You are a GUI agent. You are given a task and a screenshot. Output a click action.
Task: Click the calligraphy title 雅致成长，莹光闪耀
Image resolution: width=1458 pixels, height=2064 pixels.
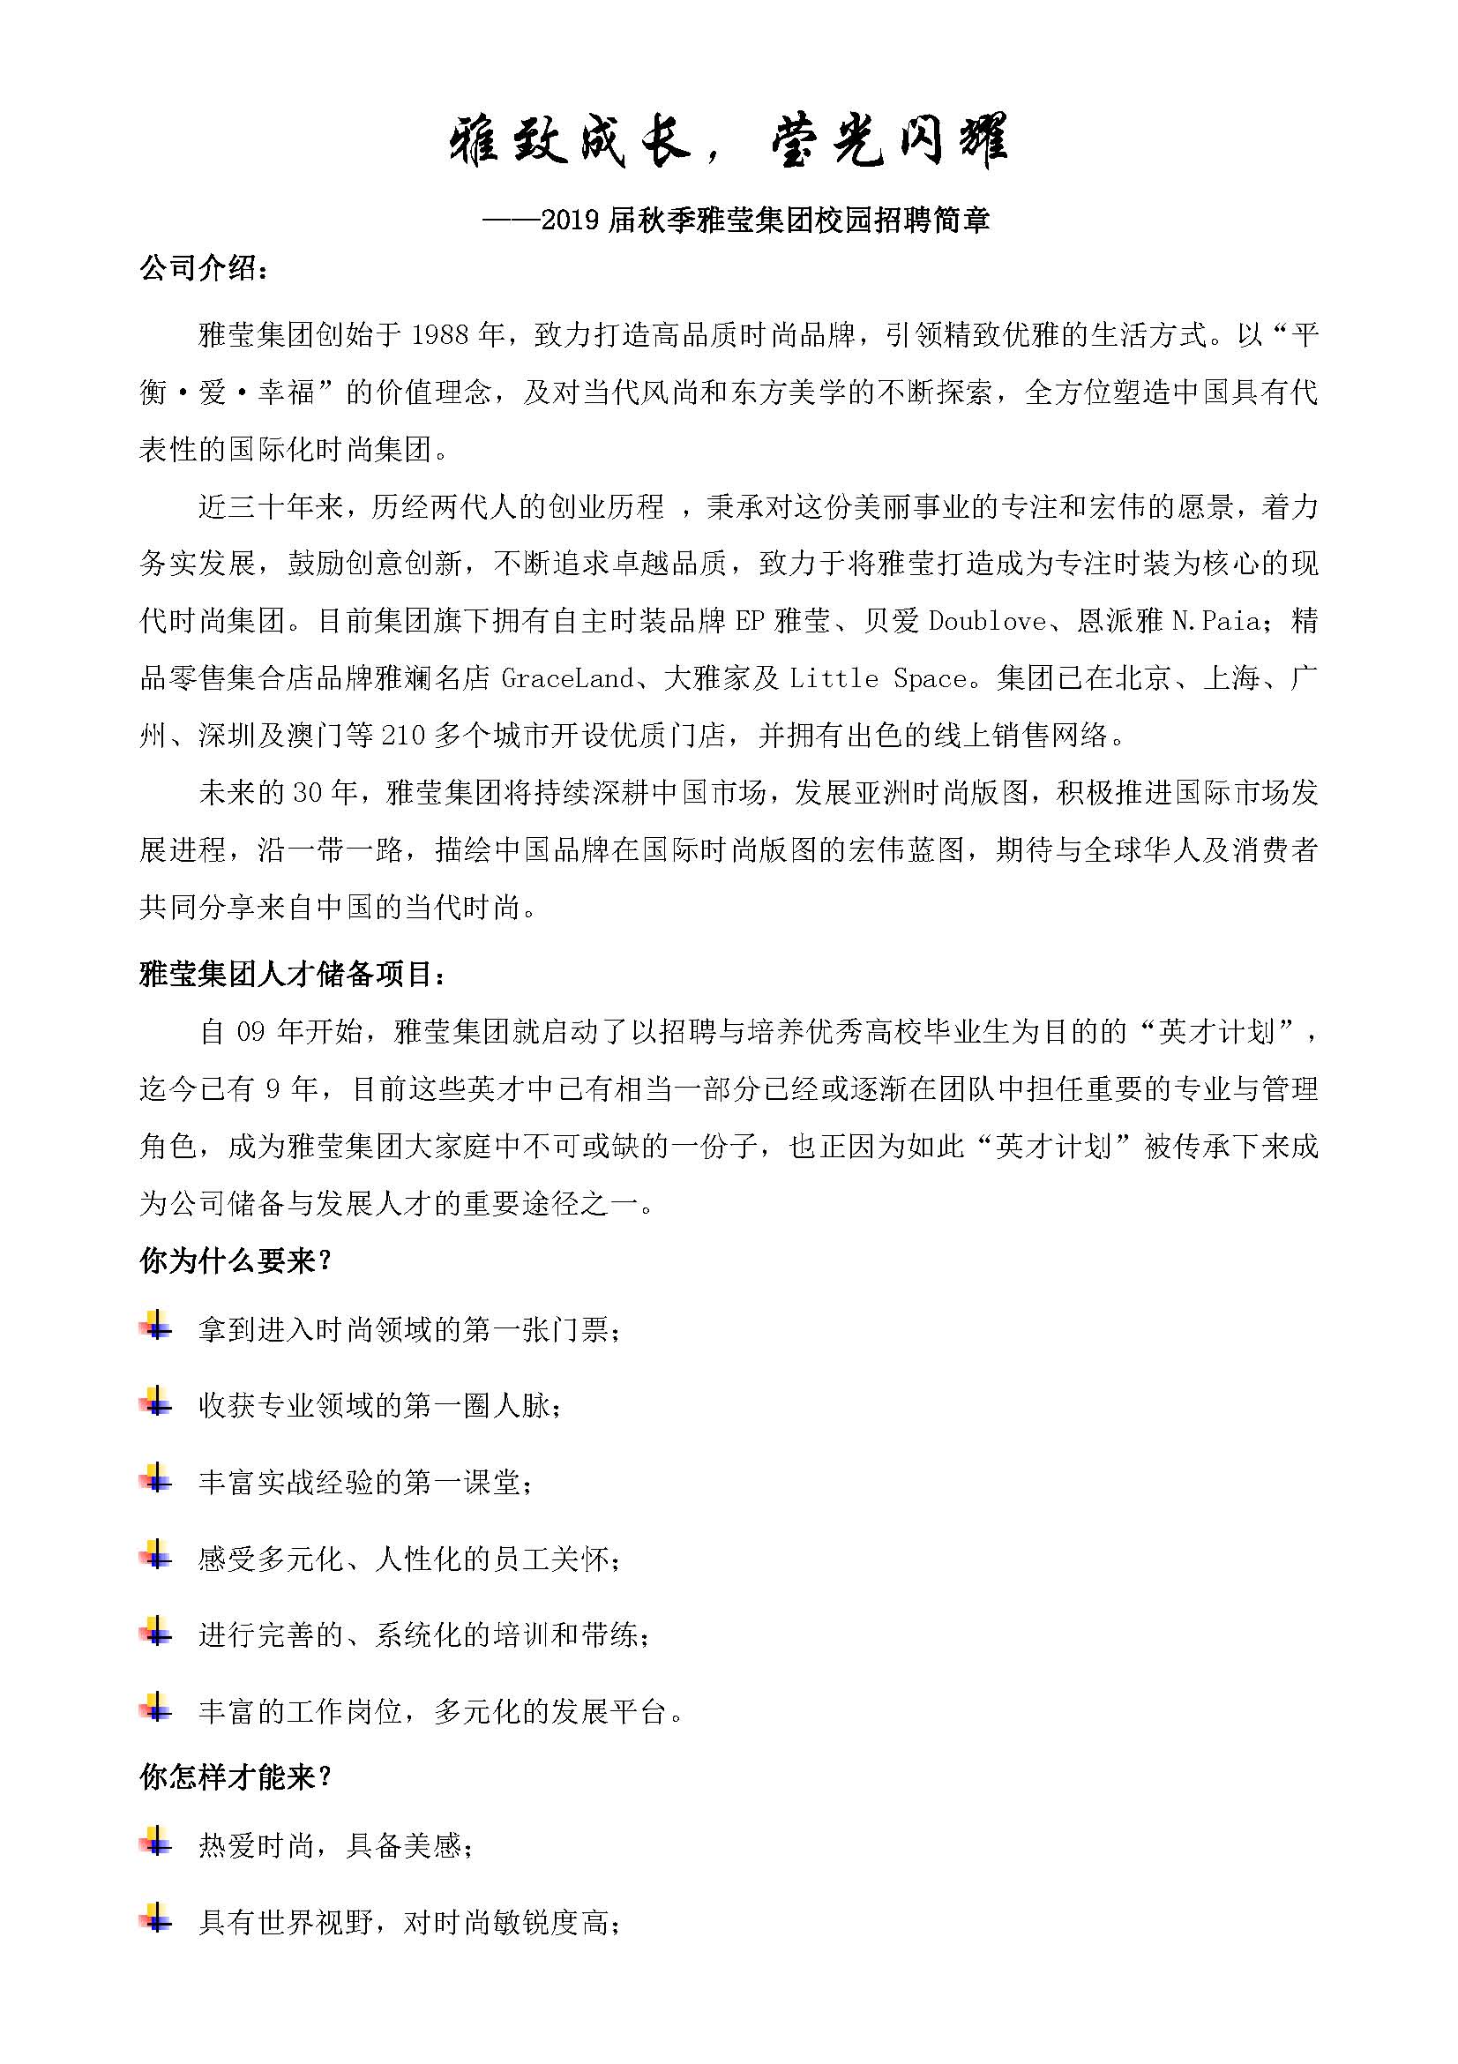coord(728,141)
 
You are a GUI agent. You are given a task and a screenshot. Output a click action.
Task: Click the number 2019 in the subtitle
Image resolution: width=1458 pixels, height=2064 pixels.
coord(571,221)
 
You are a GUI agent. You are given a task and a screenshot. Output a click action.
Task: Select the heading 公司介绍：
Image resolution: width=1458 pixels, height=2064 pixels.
coord(204,268)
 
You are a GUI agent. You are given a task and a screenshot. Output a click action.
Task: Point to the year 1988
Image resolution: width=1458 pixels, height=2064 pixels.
coord(439,335)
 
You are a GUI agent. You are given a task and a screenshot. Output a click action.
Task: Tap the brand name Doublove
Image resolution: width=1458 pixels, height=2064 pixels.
coord(987,621)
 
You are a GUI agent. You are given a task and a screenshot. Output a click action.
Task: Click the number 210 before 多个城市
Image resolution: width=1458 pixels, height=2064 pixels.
coord(403,736)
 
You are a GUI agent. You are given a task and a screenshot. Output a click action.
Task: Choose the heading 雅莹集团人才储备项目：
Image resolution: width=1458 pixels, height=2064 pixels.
coord(292,974)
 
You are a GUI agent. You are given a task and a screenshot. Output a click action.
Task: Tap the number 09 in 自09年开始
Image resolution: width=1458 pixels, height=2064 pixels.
coord(250,1032)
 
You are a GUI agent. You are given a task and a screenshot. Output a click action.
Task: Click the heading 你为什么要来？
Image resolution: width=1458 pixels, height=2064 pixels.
coord(236,1261)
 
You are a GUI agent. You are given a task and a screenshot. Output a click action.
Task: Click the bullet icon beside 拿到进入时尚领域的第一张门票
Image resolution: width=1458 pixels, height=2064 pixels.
coord(155,1326)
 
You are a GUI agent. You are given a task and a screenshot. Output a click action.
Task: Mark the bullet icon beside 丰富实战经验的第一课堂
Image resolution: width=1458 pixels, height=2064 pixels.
coord(155,1479)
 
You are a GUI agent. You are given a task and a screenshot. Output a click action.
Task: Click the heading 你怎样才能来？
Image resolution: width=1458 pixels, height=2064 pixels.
coord(236,1777)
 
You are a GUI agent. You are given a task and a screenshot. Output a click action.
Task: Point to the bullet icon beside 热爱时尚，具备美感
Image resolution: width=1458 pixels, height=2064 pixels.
coord(155,1842)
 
